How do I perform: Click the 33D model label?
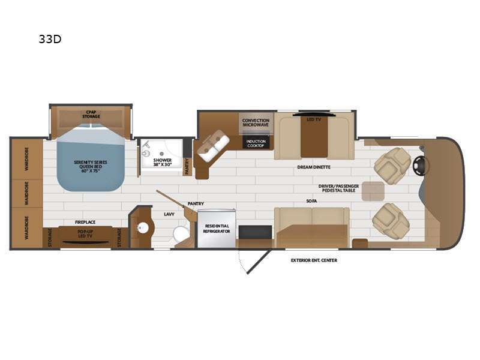[x=50, y=39]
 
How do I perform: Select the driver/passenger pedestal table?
[x=373, y=191]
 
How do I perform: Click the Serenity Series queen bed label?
[x=91, y=166]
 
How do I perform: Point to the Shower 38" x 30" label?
[x=163, y=162]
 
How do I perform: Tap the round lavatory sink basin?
[x=142, y=228]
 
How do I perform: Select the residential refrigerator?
[x=217, y=229]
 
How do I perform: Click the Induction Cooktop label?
[x=256, y=143]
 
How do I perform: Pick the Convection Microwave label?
[x=256, y=122]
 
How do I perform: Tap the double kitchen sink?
[x=214, y=146]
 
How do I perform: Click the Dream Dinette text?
[x=314, y=167]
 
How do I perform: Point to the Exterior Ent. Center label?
[x=314, y=260]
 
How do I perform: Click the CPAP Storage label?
[x=91, y=115]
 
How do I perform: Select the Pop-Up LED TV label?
[x=85, y=234]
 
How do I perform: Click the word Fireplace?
[x=85, y=222]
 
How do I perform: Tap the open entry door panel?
[x=259, y=262]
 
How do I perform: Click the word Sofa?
[x=311, y=201]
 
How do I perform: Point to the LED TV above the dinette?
[x=314, y=115]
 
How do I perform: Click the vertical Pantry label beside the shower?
[x=187, y=167]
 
